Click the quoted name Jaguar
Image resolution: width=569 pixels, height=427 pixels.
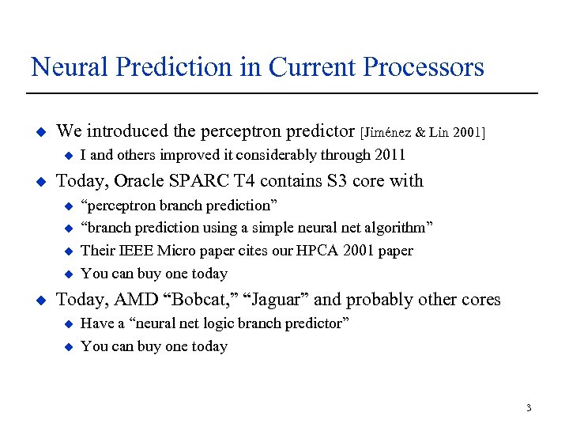tap(278, 300)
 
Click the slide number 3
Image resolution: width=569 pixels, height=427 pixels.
tap(528, 408)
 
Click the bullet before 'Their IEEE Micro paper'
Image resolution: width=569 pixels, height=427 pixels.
tap(67, 251)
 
